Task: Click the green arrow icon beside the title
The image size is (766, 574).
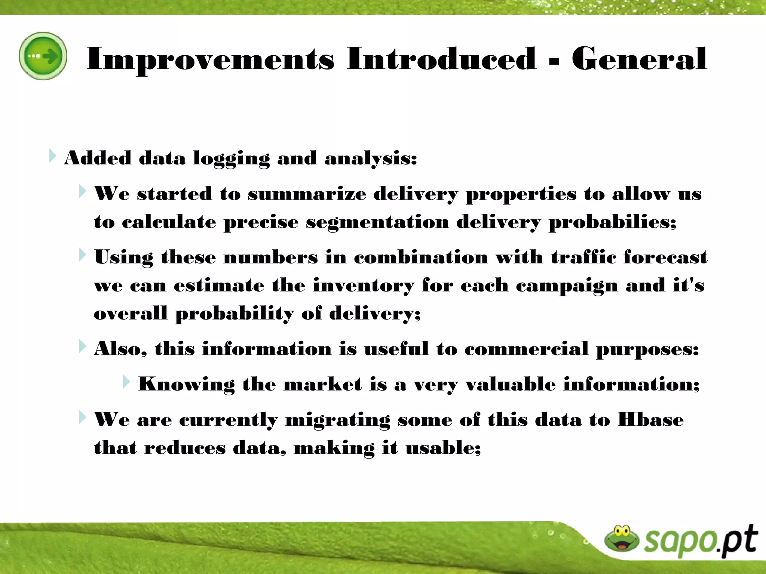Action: pyautogui.click(x=43, y=56)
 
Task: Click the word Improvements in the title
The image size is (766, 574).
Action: pyautogui.click(x=210, y=59)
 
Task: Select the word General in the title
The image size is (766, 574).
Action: pyautogui.click(x=639, y=59)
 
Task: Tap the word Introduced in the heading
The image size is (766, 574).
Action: pyautogui.click(x=441, y=59)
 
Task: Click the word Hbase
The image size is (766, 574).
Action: pyautogui.click(x=650, y=420)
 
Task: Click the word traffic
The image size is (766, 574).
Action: pyautogui.click(x=583, y=257)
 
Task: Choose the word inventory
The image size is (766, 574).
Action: pyautogui.click(x=364, y=286)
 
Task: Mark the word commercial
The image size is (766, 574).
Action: pyautogui.click(x=527, y=349)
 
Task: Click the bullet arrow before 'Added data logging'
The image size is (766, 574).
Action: pyautogui.click(x=52, y=156)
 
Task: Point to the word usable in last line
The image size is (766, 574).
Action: pyautogui.click(x=442, y=448)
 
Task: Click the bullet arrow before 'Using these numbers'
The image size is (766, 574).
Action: pyautogui.click(x=82, y=255)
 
